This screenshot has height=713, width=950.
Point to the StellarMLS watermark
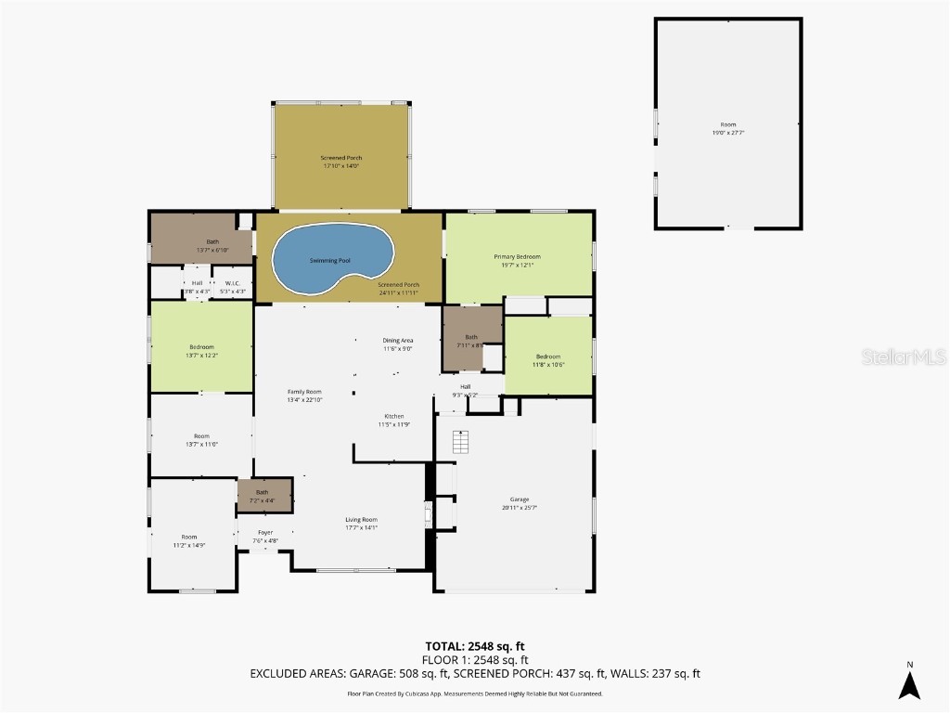[904, 356]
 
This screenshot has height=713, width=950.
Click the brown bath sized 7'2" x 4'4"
[264, 496]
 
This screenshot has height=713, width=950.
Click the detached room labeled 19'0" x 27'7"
[727, 128]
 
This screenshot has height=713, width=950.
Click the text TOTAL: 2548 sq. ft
[474, 646]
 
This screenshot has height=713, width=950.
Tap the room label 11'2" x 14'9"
[189, 541]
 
